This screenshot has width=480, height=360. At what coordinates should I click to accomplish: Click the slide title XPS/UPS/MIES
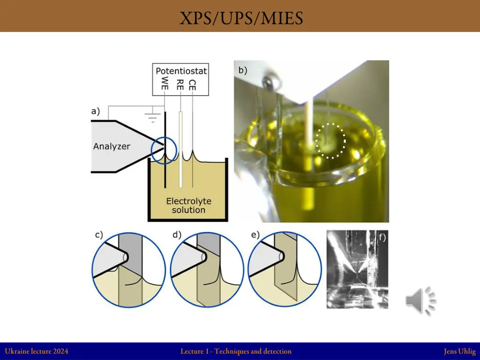tap(241, 18)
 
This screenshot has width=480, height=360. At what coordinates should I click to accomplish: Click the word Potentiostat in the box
tap(181, 71)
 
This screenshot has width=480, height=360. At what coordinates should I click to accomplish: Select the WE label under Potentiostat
tap(165, 83)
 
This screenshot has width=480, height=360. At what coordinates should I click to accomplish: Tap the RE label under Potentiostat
tap(180, 84)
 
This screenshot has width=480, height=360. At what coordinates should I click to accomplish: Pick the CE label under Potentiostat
tap(192, 85)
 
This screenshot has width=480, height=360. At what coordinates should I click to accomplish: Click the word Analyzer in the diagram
tap(112, 146)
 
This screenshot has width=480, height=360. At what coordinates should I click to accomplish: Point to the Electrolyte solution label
tap(188, 205)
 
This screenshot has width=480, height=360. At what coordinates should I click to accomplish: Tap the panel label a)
tap(96, 111)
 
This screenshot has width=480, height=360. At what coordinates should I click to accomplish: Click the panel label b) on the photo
tap(242, 70)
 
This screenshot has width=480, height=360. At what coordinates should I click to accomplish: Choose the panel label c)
tap(99, 235)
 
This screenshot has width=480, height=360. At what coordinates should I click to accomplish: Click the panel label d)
tap(177, 235)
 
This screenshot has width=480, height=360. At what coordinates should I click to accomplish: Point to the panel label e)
tap(255, 235)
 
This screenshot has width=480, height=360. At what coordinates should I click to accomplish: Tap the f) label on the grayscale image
tap(382, 237)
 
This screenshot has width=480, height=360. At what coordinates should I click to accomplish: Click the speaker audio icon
tap(420, 301)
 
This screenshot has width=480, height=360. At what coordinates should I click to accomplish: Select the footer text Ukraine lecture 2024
tap(37, 351)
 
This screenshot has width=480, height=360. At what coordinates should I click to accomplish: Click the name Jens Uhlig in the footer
tap(460, 352)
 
